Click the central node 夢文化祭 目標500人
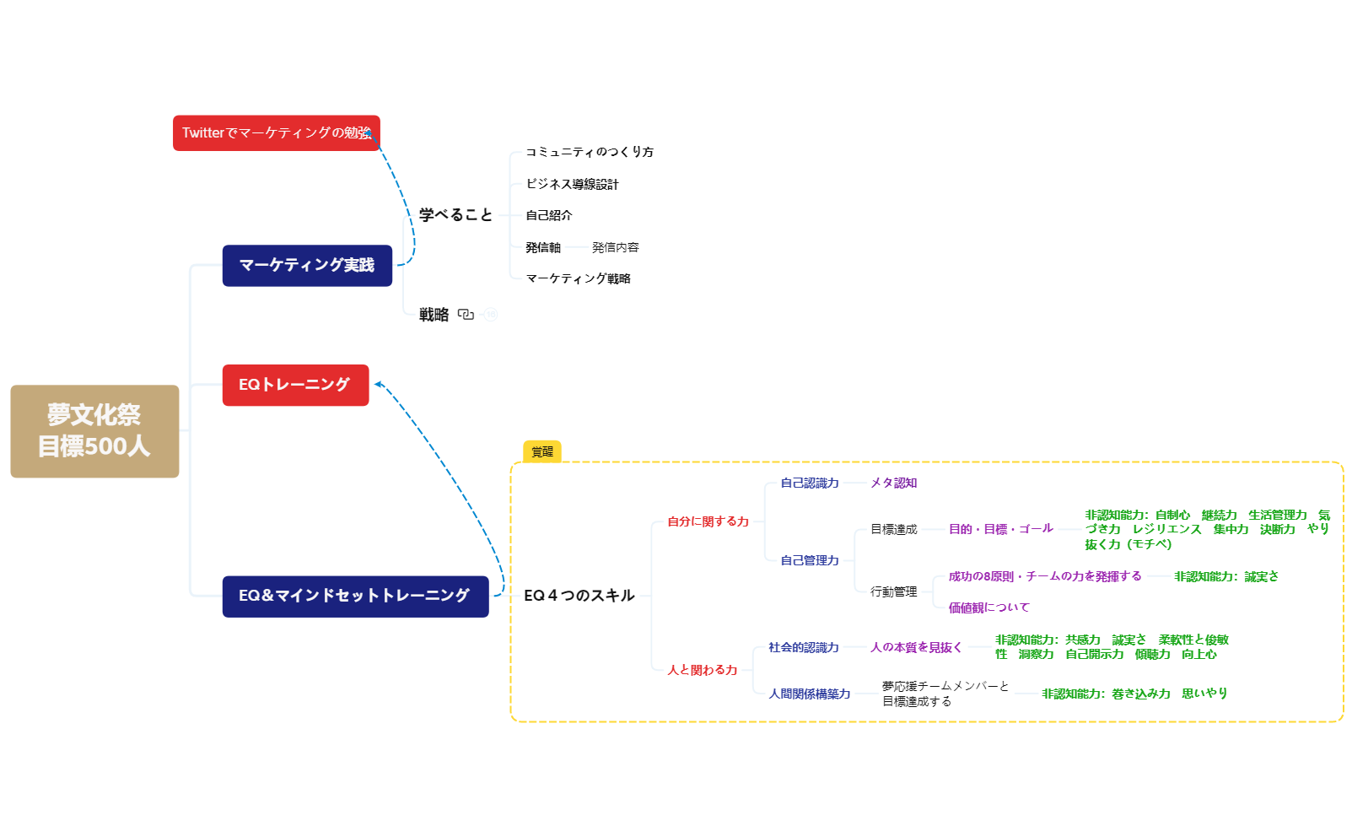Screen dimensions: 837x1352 [x=94, y=431]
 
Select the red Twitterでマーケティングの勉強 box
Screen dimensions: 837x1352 [x=276, y=133]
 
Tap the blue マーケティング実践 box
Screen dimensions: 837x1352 [x=307, y=266]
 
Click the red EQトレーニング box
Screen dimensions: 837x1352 [x=295, y=385]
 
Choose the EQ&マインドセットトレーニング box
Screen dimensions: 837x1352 [x=355, y=597]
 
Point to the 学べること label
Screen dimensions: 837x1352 [x=455, y=215]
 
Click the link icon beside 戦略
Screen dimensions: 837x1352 [x=466, y=315]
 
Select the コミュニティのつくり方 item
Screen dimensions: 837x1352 [x=590, y=152]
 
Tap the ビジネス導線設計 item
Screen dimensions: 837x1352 [x=572, y=184]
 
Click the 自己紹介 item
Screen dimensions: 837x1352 [x=549, y=215]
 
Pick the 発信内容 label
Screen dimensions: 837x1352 [x=615, y=247]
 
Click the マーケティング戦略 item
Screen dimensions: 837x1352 [x=578, y=278]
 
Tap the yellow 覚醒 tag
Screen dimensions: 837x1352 [x=542, y=452]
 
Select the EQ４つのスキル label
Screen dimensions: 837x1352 [x=579, y=596]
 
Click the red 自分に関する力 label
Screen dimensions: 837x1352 [x=708, y=521]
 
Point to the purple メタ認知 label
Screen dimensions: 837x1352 [x=893, y=483]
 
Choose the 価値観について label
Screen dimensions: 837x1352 [x=988, y=607]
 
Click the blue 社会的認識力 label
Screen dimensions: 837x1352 [x=803, y=647]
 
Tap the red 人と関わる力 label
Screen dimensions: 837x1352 [x=702, y=670]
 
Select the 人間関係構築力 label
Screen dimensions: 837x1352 [x=809, y=694]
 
